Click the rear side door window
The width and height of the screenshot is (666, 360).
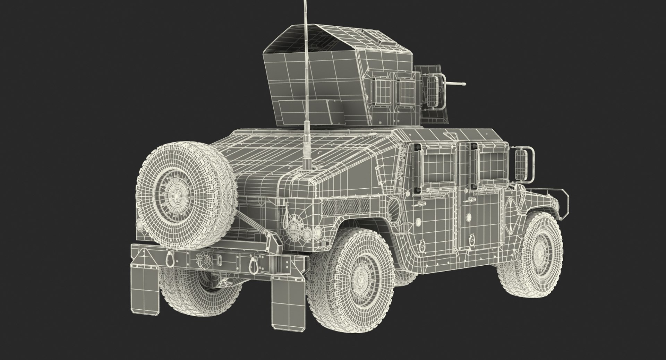click(x=438, y=168)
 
